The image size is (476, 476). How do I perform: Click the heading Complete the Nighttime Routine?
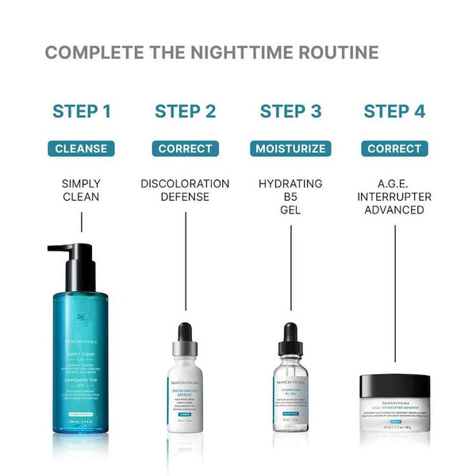(x=211, y=53)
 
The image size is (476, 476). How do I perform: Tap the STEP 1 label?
(x=81, y=111)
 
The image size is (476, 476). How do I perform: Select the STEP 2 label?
(x=185, y=111)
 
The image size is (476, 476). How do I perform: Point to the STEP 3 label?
(x=290, y=111)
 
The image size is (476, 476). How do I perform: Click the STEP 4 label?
(x=394, y=111)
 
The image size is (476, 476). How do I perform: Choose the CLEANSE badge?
(x=81, y=148)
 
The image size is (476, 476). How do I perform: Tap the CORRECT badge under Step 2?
(x=185, y=148)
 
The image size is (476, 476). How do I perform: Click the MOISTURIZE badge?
(x=290, y=148)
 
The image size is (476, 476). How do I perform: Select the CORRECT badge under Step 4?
(x=394, y=148)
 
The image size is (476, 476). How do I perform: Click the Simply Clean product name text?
(x=81, y=190)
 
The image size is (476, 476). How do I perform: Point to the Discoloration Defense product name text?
(x=185, y=190)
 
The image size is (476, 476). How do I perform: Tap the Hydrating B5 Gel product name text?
(x=290, y=197)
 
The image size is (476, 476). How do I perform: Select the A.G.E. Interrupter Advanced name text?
(x=394, y=197)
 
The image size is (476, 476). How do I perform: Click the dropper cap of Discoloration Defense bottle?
(x=185, y=341)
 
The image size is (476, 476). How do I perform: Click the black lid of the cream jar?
(x=394, y=386)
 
